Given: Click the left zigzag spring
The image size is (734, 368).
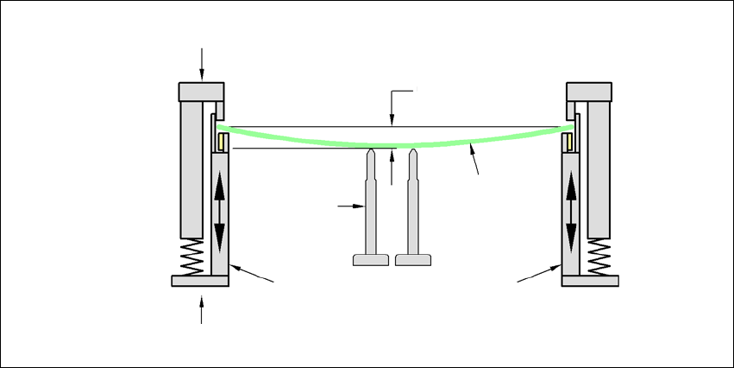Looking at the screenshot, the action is point(192,257).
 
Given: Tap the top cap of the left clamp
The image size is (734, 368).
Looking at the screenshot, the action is point(202,91).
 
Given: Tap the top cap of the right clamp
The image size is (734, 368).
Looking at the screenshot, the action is point(588,91).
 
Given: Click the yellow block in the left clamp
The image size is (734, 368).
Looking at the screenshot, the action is point(221,141).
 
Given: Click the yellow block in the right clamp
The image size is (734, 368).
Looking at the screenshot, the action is point(568,139).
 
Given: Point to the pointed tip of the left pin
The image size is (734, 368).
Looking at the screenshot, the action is point(371,152).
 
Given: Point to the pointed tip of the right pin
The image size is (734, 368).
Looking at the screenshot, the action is point(414,152).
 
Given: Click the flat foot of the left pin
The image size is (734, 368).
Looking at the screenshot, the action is point(371,259).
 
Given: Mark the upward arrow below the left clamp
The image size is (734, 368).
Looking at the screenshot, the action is point(202,308).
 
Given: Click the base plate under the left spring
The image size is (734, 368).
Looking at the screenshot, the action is point(199,281).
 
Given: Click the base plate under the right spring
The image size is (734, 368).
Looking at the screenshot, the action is point(591,281).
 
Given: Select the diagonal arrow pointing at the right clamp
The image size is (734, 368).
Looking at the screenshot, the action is point(537,274).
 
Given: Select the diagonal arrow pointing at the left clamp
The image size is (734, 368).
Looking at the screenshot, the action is point(254,274).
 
